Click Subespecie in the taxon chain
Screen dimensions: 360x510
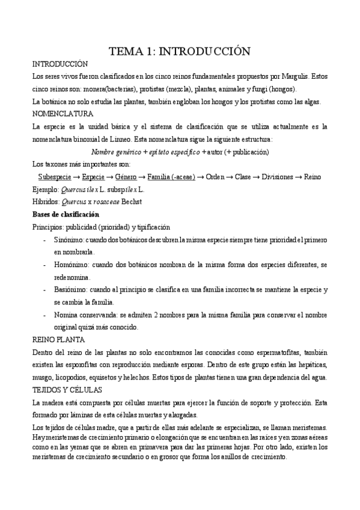pos(53,177)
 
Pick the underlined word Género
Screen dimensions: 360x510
pos(125,177)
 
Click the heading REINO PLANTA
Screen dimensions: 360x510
pos(58,340)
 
